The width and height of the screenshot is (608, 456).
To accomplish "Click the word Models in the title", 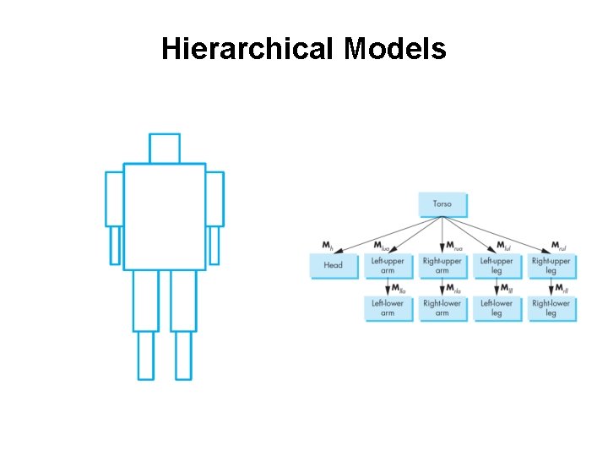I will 395,50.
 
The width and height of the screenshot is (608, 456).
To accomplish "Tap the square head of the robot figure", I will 165,148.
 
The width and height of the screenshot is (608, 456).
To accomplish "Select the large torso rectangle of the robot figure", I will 165,216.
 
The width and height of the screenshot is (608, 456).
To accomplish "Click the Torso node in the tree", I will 442,204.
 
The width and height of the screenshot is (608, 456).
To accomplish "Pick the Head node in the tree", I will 333,265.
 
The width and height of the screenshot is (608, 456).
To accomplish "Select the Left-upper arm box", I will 387,265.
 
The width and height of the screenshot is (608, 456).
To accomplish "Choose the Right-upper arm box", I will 442,265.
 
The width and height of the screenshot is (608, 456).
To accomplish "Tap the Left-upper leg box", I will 497,265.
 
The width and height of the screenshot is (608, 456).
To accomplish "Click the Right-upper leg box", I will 551,265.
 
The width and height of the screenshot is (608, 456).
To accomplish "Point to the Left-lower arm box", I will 387,308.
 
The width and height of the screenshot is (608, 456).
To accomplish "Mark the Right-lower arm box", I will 442,308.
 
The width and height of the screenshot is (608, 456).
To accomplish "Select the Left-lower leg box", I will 497,308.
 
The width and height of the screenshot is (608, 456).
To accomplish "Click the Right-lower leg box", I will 551,308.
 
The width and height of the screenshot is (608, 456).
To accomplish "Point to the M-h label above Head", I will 328,246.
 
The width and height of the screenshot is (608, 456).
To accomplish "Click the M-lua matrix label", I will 382,246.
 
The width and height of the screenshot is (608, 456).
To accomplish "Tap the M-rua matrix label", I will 454,246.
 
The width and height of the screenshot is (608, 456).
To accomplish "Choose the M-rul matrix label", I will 559,246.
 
